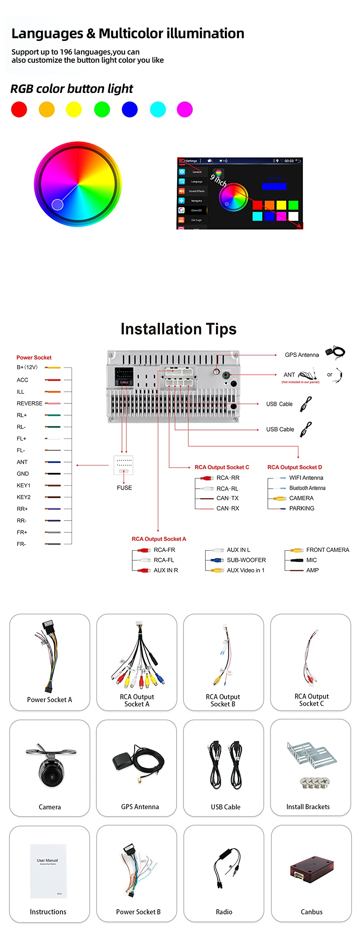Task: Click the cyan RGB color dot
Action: tap(158, 110)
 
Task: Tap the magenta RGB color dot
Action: tap(185, 110)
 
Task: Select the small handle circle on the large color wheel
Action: tap(57, 204)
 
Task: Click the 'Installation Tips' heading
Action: tap(178, 329)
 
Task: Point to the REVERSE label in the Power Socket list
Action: tap(30, 403)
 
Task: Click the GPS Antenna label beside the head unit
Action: tap(302, 355)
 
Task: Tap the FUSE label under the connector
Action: tap(124, 488)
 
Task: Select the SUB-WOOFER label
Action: tap(246, 560)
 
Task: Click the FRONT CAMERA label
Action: tap(328, 550)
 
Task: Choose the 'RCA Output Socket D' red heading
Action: tap(295, 467)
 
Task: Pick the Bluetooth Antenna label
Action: tap(307, 488)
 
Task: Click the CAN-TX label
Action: tap(227, 498)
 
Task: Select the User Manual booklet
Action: tap(48, 870)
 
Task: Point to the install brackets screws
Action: tap(315, 782)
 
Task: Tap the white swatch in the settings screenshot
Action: tap(293, 216)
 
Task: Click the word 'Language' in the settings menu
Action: tap(196, 182)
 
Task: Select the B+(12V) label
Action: tap(27, 367)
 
